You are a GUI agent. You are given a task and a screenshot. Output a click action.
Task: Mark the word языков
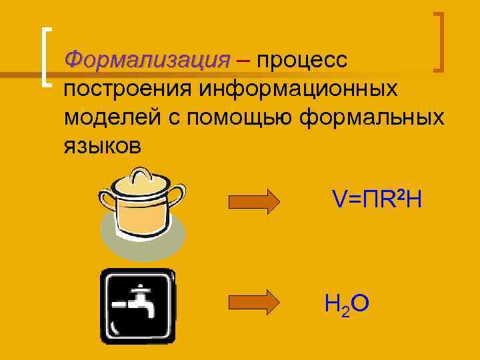103,145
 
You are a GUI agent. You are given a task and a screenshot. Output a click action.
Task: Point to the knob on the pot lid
139,175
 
